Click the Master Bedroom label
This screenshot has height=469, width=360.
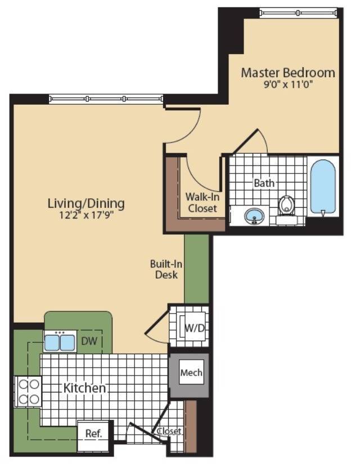[x=287, y=73]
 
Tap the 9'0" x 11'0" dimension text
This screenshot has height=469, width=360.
[x=287, y=85]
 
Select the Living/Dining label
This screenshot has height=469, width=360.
[x=86, y=203]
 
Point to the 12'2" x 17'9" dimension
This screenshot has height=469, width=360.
[x=87, y=215]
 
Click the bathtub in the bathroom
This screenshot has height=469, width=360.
[x=323, y=187]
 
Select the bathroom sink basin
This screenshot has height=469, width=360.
[x=254, y=216]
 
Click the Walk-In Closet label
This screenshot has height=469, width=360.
[x=202, y=203]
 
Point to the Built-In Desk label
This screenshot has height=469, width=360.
[x=166, y=269]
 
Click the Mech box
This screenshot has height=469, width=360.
[x=191, y=372]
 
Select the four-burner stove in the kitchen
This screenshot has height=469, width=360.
[x=28, y=391]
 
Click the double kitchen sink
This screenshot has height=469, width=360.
[x=60, y=341]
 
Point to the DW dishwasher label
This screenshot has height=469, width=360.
[x=89, y=341]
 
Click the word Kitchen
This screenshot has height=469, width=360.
[x=84, y=388]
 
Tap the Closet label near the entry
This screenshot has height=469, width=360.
[x=169, y=431]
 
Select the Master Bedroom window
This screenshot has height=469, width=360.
[x=299, y=12]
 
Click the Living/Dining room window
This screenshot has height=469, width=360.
[x=106, y=99]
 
